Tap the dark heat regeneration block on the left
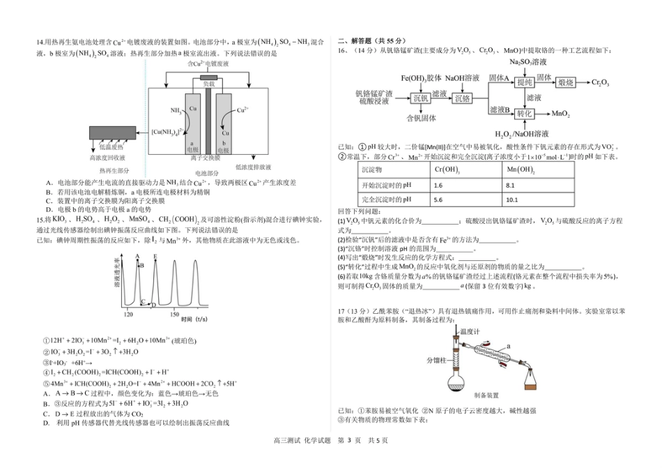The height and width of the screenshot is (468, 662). pos(114,133)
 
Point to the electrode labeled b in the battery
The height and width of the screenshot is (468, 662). pos(222,123)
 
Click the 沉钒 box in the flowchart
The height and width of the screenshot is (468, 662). pos(420,98)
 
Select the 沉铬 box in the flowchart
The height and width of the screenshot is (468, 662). pos(461,98)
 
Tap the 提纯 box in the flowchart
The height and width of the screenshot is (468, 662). pos(524,82)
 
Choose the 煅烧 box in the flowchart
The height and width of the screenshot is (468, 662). pos(565,82)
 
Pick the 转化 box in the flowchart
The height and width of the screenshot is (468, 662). pos(524,113)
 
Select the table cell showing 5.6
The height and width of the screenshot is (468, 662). pos(438,199)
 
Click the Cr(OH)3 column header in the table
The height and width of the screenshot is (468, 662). pos(447,170)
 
